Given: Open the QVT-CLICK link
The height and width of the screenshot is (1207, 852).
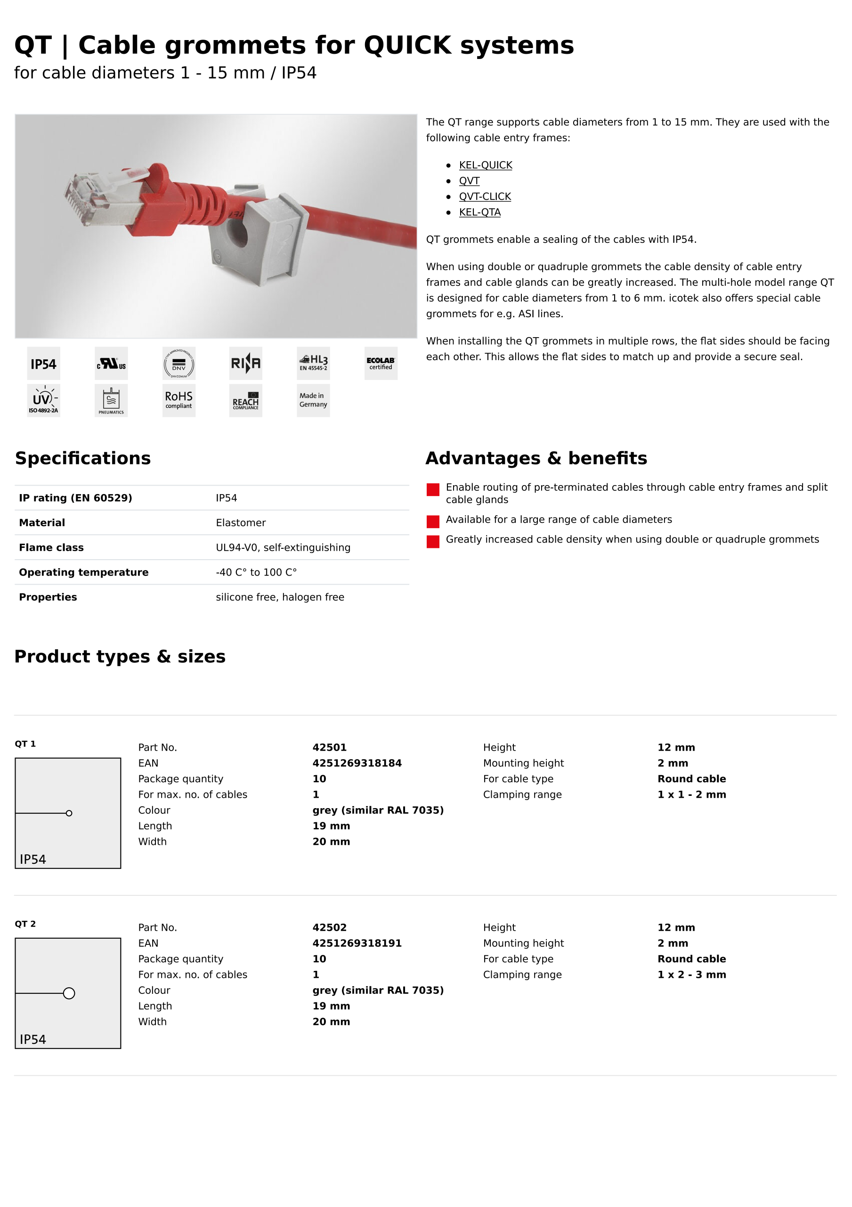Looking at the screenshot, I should coord(484,197).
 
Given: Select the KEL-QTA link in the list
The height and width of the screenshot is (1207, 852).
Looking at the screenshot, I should coord(479,212).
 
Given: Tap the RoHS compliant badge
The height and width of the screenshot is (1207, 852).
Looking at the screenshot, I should coord(179,400).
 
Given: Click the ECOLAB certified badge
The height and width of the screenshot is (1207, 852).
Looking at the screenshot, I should coord(381,363).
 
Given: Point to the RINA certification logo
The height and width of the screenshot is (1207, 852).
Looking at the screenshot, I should coord(245,363).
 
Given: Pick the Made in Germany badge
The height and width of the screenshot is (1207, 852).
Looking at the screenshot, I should coord(313,400).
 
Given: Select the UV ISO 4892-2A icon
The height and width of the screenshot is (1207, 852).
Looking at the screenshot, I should coord(44,400).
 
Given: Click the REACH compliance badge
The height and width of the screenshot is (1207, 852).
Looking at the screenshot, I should coord(245,400).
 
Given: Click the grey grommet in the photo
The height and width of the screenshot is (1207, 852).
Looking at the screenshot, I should coord(257,237).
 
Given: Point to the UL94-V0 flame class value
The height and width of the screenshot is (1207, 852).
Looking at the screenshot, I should coord(283,547).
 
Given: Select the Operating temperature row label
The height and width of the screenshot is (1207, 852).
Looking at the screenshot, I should coord(83,572).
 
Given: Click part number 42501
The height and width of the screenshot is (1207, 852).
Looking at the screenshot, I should coord(329,747).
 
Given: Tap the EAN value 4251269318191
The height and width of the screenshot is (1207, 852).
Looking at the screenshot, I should coord(357,942).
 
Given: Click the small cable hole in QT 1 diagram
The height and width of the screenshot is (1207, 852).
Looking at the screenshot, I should coord(69,813).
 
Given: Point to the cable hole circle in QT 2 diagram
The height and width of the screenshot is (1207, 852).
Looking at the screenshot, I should coord(69,992).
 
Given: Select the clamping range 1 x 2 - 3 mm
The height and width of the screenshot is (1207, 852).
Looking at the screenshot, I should coord(691,974).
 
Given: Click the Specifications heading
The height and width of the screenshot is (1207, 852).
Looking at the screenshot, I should coord(82,458).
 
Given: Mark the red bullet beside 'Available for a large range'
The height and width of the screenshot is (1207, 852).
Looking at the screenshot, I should coord(433,521).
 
